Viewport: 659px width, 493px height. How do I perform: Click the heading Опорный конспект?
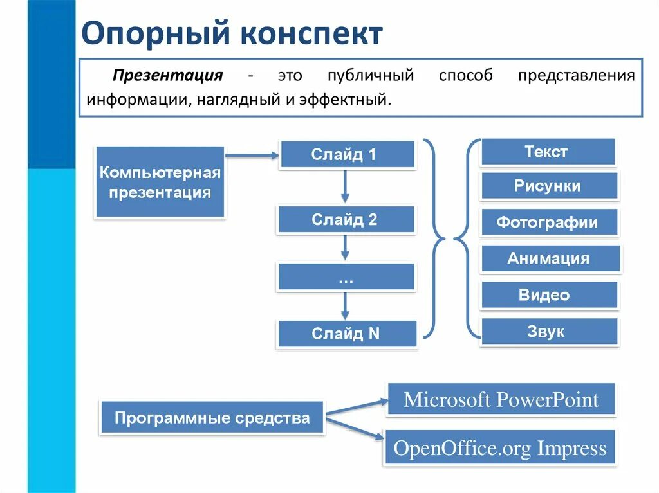point(232,34)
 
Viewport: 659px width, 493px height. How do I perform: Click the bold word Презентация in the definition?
point(168,76)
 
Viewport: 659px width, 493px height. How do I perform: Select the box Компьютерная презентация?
point(160,183)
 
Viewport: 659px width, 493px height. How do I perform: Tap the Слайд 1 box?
point(346,155)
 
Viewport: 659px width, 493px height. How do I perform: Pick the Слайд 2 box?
point(346,220)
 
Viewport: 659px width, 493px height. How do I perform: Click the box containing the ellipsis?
point(346,277)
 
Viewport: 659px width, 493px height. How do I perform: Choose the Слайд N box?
point(346,334)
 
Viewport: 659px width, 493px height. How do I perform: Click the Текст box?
point(548,152)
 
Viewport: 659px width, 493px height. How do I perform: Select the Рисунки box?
point(548,186)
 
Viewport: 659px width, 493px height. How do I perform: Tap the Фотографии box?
point(548,223)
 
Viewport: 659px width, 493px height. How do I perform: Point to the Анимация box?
point(549,259)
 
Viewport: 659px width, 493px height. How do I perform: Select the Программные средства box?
point(212,418)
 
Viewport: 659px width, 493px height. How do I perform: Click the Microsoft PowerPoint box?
point(501,400)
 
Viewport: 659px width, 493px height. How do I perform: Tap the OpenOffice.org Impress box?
point(500,448)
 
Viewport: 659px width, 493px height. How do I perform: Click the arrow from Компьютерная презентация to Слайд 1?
point(252,155)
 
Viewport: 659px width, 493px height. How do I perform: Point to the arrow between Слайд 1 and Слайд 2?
point(346,187)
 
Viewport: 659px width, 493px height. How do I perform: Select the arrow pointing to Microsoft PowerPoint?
point(357,406)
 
